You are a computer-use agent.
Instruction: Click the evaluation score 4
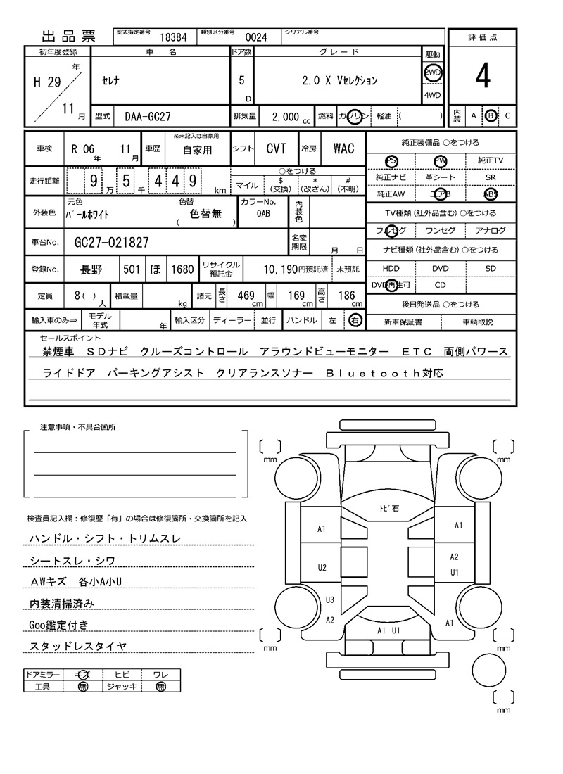(482, 77)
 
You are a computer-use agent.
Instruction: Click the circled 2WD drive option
(432, 72)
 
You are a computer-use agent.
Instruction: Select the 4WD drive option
(432, 95)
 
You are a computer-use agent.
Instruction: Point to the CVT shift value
(276, 148)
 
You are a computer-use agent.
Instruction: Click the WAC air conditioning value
(343, 148)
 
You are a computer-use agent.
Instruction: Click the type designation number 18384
(173, 38)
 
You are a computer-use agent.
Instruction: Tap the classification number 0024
(255, 38)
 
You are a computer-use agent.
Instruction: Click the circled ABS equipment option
(491, 194)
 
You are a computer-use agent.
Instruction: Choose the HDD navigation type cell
(391, 269)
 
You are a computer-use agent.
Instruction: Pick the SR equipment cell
(491, 178)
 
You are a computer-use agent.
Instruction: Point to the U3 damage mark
(329, 599)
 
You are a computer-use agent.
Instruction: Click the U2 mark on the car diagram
(322, 567)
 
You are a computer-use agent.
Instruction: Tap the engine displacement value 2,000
(285, 118)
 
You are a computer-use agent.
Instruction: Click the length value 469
(246, 296)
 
